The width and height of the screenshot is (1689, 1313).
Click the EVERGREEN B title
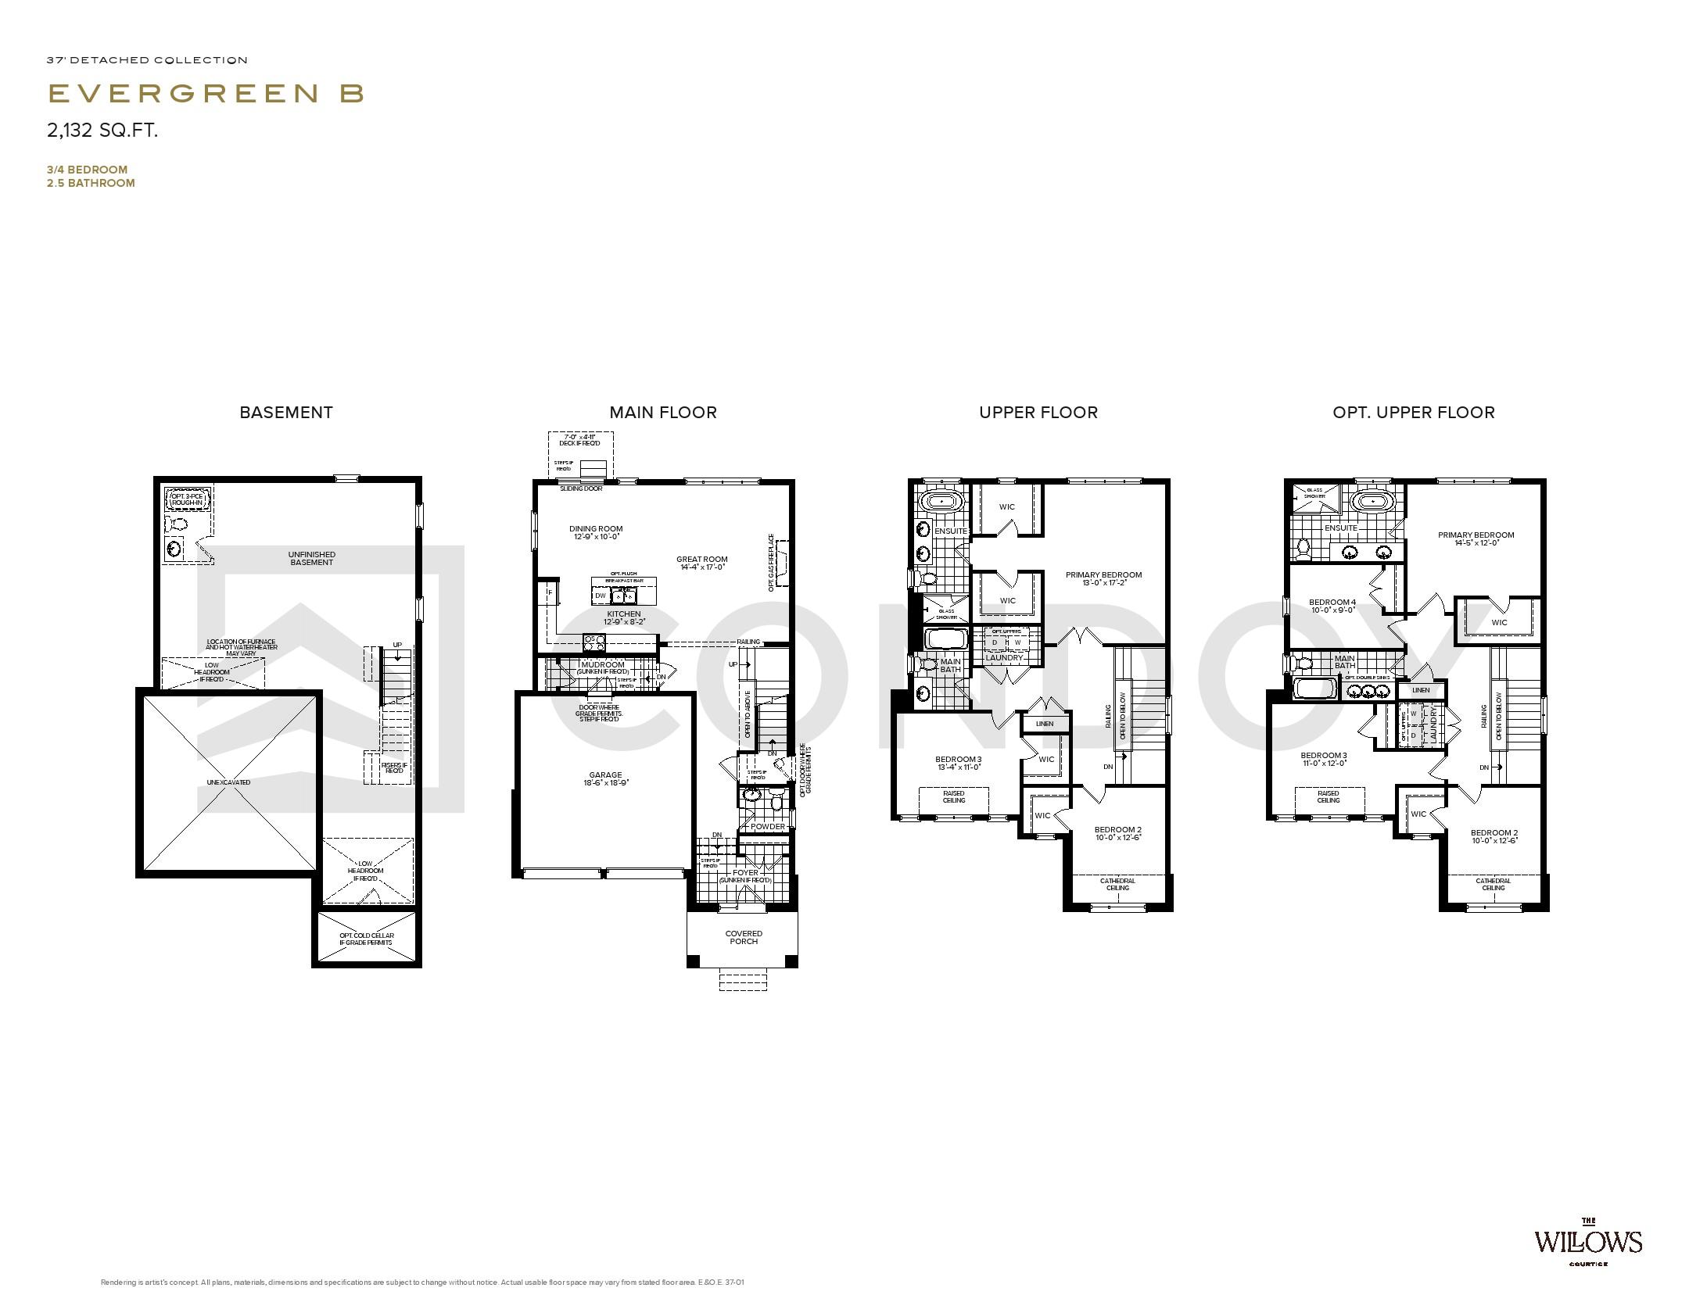click(x=206, y=93)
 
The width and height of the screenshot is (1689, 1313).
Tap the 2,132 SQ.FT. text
click(x=102, y=131)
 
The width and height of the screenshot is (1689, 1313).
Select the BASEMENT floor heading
click(x=286, y=413)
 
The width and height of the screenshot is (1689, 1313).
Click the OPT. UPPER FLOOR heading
click(x=1413, y=413)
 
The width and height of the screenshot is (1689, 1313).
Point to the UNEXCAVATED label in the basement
click(x=228, y=782)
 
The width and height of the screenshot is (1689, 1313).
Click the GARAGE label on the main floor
click(x=605, y=775)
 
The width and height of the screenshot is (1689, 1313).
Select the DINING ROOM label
click(x=596, y=529)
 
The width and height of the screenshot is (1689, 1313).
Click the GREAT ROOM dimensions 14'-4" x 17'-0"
click(x=702, y=567)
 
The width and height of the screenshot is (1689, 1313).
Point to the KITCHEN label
click(x=623, y=614)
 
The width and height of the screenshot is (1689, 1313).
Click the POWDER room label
click(x=767, y=827)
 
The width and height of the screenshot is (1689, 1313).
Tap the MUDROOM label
click(x=603, y=665)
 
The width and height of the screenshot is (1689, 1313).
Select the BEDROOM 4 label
click(x=1332, y=603)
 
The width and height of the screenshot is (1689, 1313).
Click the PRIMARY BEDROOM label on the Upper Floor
click(x=1103, y=575)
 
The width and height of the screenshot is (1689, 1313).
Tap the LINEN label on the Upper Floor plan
click(x=1045, y=724)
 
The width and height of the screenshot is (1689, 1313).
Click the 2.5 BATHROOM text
click(x=91, y=184)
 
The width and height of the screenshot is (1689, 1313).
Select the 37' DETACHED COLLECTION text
click(x=147, y=60)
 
